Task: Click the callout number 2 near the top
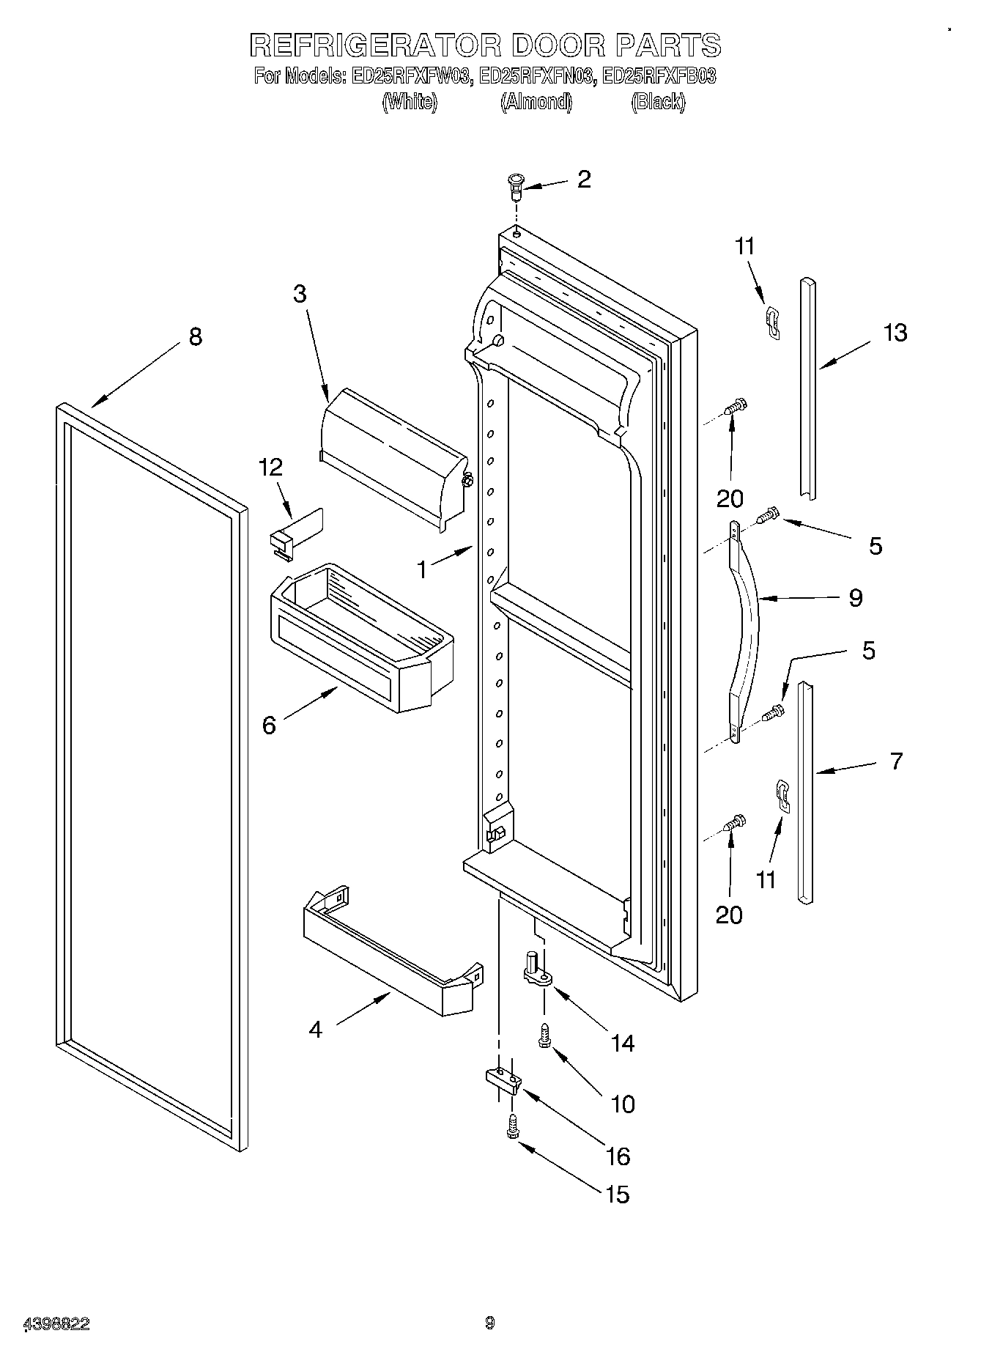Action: [583, 180]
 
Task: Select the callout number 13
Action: [895, 333]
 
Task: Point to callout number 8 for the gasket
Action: [195, 337]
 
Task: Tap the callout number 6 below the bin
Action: [269, 726]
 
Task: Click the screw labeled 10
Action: [545, 1035]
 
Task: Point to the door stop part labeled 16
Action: [503, 1079]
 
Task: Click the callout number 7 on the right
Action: [896, 761]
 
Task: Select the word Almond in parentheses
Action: [536, 103]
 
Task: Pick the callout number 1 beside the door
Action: [421, 569]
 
